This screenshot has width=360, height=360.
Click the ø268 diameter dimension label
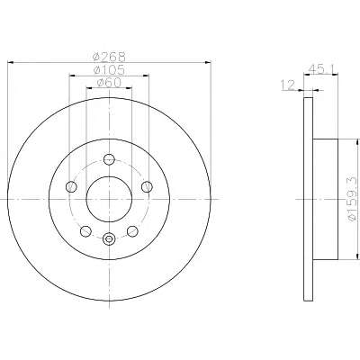pyautogui.click(x=109, y=56)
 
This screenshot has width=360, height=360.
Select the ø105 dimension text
pyautogui.click(x=109, y=70)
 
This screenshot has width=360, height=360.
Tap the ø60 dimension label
pyautogui.click(x=109, y=82)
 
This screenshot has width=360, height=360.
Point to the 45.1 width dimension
pyautogui.click(x=320, y=69)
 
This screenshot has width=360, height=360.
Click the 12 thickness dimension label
pyautogui.click(x=288, y=85)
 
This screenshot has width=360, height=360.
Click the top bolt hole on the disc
pyautogui.click(x=109, y=159)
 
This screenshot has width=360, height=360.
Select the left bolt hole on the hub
pyautogui.click(x=71, y=187)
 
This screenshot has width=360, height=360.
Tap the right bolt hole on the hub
pyautogui.click(x=147, y=186)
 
